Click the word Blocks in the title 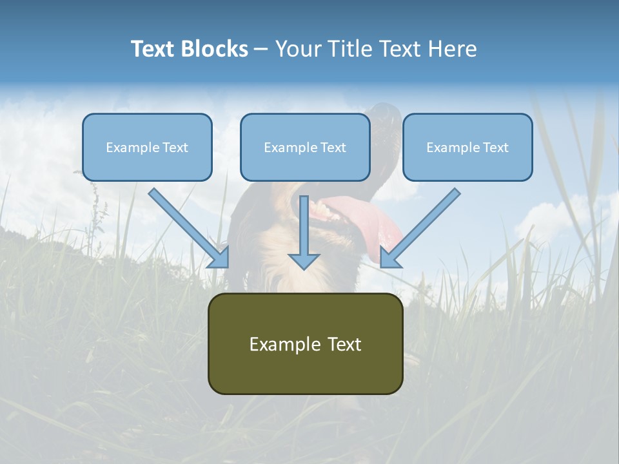pyautogui.click(x=215, y=49)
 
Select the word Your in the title pyautogui.click(x=297, y=49)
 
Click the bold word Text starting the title pyautogui.click(x=153, y=49)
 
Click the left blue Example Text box pyautogui.click(x=147, y=147)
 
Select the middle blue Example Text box pyautogui.click(x=305, y=147)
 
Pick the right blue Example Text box pyautogui.click(x=467, y=147)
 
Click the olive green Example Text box pyautogui.click(x=305, y=343)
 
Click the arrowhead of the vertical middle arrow pyautogui.click(x=304, y=261)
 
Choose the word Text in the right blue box pyautogui.click(x=496, y=148)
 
